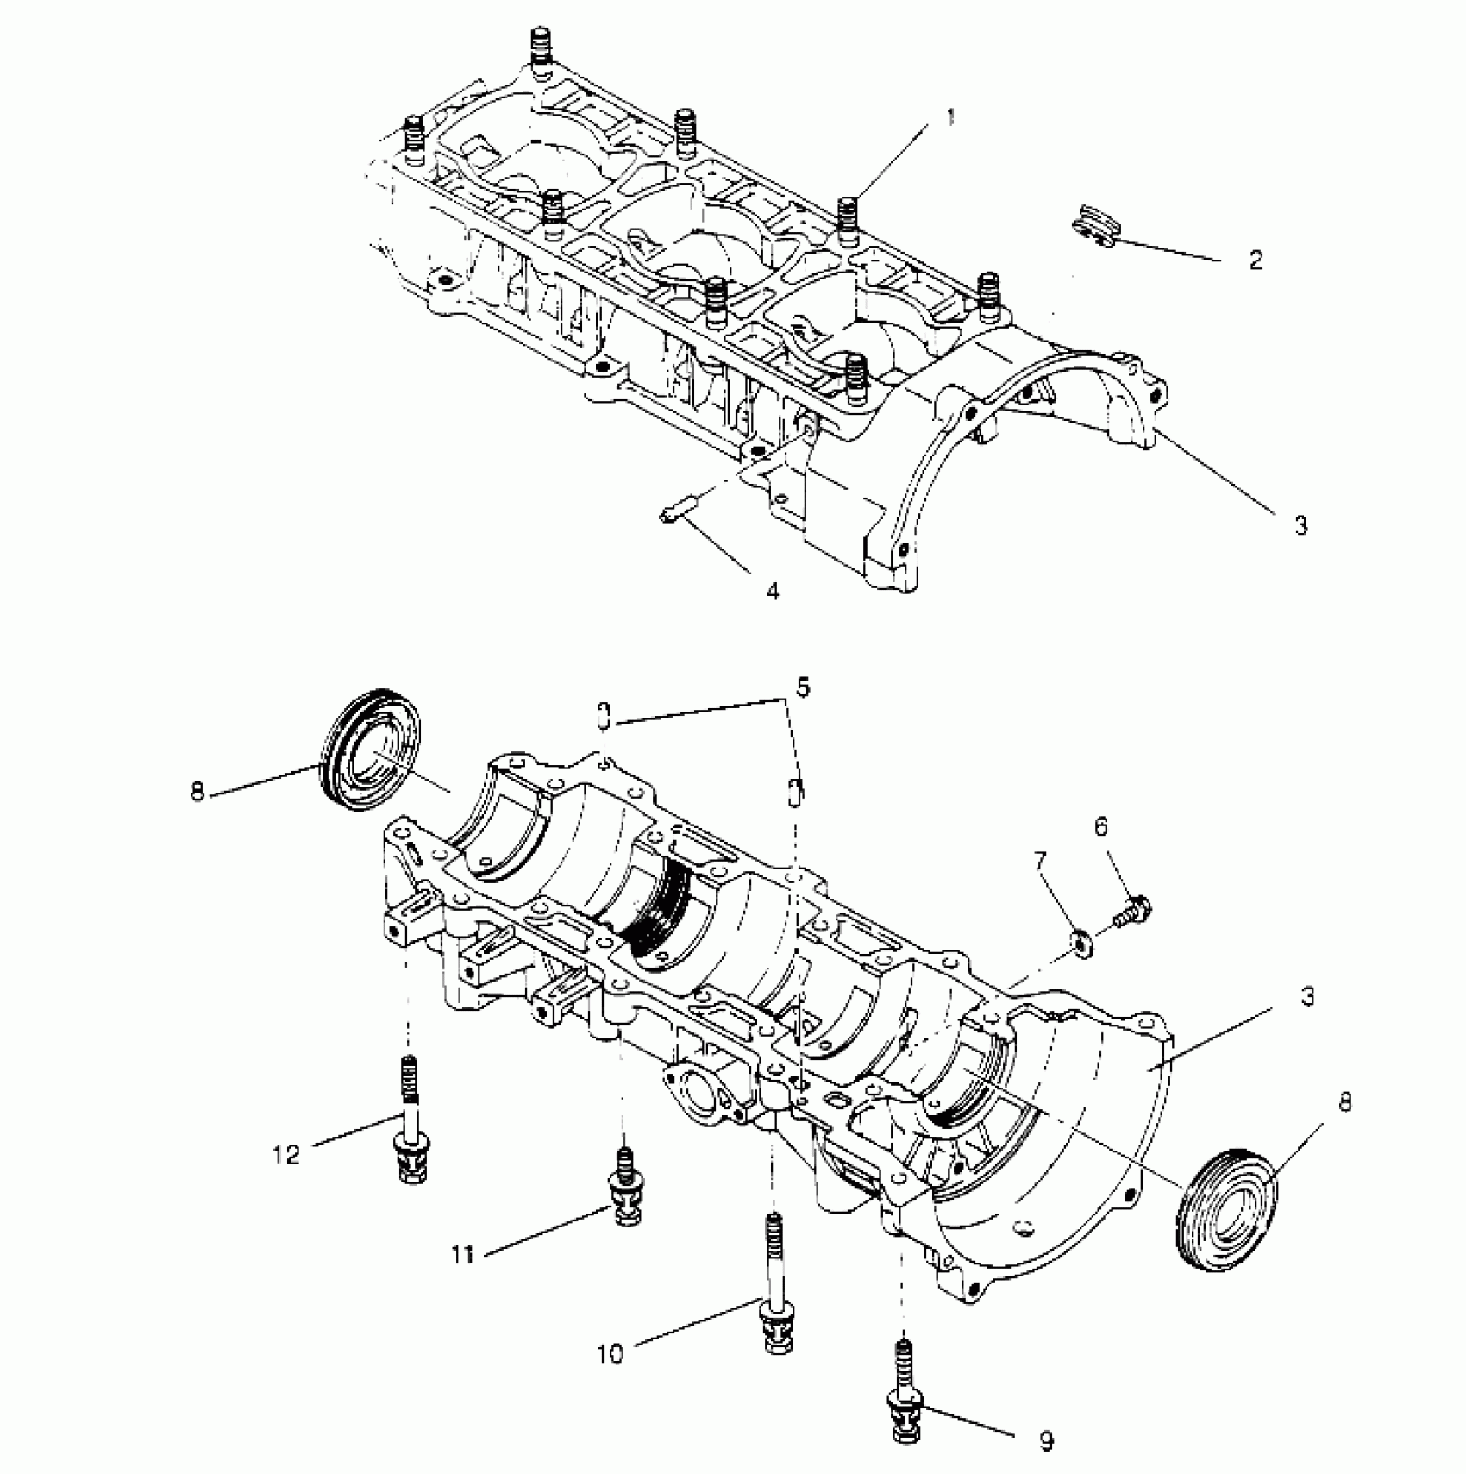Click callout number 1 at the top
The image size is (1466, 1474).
(950, 117)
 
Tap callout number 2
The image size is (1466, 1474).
(1255, 260)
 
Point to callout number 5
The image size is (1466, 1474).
(803, 688)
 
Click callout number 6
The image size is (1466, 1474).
(1101, 827)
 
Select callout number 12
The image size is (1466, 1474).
(286, 1154)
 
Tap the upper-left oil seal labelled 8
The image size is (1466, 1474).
(371, 749)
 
